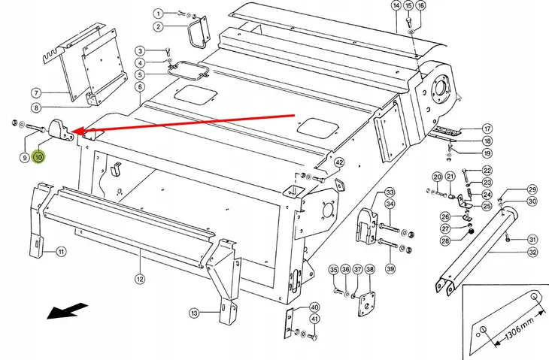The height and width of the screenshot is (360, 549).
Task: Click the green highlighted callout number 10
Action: point(38,157)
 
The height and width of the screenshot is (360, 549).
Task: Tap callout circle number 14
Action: point(396,5)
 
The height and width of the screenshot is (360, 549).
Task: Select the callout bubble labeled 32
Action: point(532,252)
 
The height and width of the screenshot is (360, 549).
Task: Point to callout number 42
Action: point(339,162)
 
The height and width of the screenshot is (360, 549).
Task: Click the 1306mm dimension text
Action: point(520,330)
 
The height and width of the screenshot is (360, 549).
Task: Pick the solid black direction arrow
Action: point(67,310)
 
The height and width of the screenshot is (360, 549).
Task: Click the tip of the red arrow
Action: point(72,132)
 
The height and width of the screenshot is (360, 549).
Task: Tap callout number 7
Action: point(36,93)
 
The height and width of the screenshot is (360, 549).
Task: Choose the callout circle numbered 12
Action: point(140,279)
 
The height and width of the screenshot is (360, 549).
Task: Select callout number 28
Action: point(445,241)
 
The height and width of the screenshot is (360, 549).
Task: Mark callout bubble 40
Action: point(315,307)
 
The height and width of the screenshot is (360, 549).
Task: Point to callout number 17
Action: point(487,129)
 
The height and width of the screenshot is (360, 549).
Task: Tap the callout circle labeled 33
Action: point(390,192)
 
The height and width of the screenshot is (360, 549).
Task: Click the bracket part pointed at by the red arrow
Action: point(61,131)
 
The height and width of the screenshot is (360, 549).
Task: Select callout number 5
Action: point(140,74)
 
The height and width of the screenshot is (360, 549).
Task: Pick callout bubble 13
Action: point(194,313)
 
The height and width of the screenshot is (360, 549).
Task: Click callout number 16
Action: point(420,5)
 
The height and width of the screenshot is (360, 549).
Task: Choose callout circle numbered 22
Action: point(487,171)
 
